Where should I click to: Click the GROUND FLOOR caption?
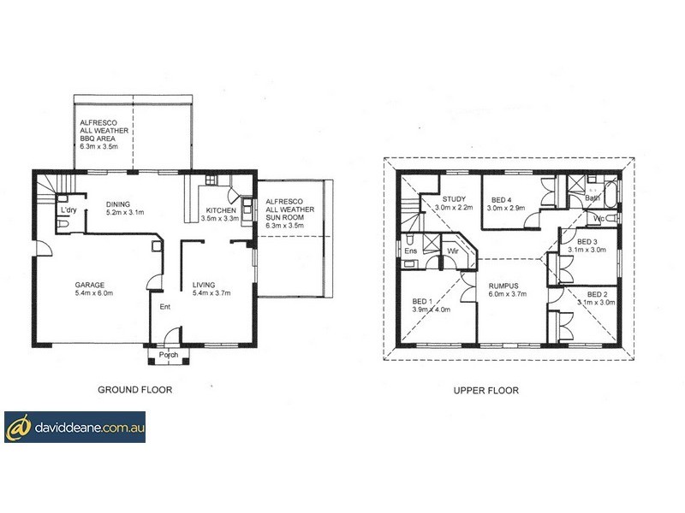point(135,389)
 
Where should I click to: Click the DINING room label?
point(120,203)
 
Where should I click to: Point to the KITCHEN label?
point(220,209)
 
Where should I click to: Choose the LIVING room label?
point(205,285)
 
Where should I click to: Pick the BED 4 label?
point(501,198)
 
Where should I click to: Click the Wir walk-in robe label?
point(453,251)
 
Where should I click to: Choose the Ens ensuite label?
point(411,251)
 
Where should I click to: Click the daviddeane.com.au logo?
point(74,426)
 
